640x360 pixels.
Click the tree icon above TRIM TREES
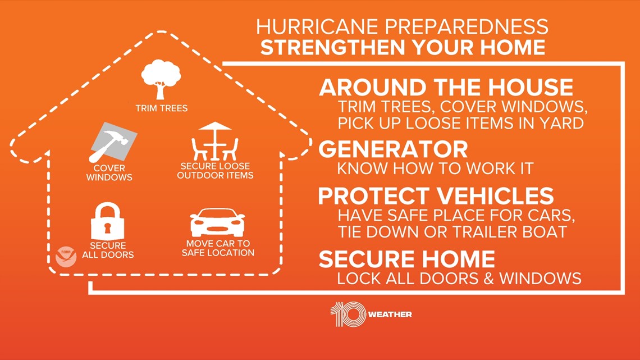(161, 79)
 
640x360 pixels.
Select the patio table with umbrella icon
(215, 141)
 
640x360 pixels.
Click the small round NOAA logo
(66, 257)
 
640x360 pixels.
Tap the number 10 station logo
(348, 315)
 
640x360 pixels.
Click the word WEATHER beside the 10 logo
(390, 315)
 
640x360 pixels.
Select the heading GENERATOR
(393, 149)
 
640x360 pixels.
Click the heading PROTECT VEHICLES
(436, 196)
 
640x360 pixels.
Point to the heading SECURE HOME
(407, 259)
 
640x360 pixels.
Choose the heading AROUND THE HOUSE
(446, 88)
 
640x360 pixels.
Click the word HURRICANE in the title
(317, 27)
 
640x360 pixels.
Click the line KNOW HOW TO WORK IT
(435, 168)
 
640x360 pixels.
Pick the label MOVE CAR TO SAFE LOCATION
(218, 248)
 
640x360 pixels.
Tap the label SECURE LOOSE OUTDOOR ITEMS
(215, 171)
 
